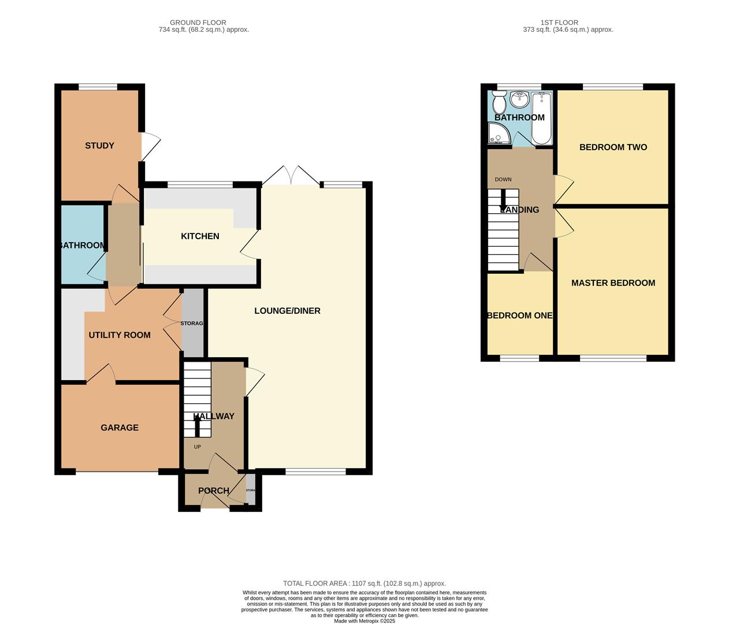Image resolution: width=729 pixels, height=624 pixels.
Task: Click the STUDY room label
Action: coord(99,146)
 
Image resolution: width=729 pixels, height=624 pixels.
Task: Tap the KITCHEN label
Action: coord(200,236)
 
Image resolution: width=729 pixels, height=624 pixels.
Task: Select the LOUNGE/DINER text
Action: coord(287,311)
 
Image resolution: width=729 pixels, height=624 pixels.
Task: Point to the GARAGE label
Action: coord(120,428)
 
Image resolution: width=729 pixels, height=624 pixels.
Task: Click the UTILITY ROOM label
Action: coord(120,335)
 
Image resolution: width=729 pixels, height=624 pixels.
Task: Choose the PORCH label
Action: coord(213,491)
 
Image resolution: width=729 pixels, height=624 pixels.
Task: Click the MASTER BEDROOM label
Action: coord(613,283)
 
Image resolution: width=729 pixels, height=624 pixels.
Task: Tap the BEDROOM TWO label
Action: coord(613,147)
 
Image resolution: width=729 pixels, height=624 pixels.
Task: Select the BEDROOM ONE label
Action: coord(519,315)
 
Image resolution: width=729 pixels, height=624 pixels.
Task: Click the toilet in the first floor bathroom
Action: coord(499,103)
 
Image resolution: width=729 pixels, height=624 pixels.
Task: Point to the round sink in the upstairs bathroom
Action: coord(520,100)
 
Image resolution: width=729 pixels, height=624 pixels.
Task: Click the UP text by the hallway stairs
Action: coord(197,447)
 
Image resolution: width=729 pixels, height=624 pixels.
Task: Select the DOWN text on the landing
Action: coord(503,180)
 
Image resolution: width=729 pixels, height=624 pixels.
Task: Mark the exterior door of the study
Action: coord(149,147)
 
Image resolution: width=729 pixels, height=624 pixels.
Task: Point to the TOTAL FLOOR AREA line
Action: coord(364,584)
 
